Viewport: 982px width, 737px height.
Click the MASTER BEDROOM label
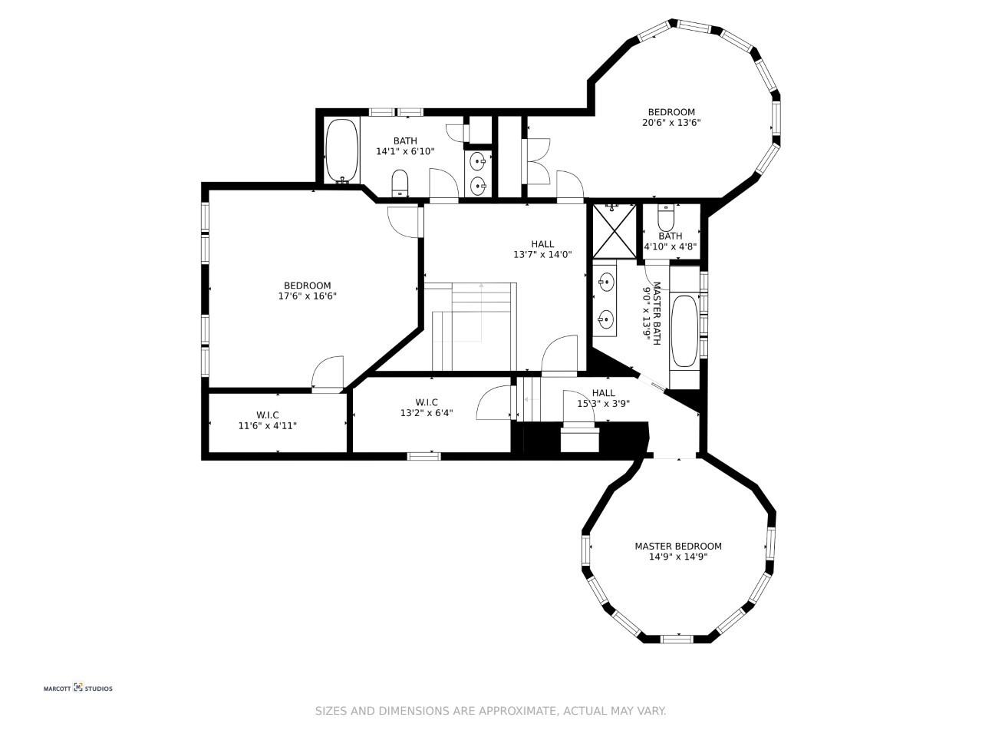[677, 546]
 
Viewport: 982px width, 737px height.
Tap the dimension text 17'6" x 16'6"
[307, 296]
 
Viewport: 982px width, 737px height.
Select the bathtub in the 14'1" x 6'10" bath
[342, 150]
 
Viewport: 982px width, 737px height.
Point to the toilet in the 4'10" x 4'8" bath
[666, 217]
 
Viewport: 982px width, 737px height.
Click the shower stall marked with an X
[615, 231]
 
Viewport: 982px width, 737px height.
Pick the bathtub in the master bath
[684, 331]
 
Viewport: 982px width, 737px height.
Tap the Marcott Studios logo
[77, 688]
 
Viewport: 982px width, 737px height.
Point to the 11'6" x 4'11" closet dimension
[268, 425]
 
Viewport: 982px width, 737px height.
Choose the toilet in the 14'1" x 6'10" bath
[400, 183]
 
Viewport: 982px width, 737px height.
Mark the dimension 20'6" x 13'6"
[671, 123]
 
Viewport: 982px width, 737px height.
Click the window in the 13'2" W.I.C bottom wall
[423, 457]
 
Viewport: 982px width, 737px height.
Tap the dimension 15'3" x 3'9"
[603, 404]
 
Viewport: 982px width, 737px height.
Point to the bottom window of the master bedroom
[677, 639]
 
